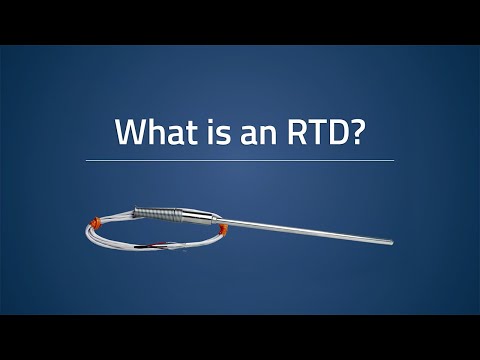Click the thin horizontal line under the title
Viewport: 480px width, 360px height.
[x=240, y=160]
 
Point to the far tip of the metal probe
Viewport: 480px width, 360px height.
[x=391, y=240]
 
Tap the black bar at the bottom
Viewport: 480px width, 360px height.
[x=240, y=337]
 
